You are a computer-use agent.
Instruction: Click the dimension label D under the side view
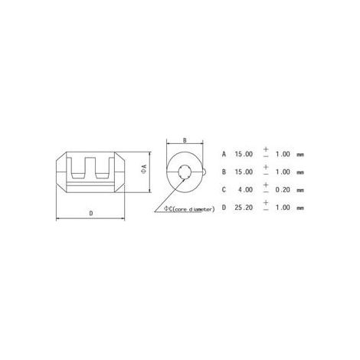pyautogui.click(x=91, y=213)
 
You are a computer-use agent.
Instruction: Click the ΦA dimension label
pyautogui.click(x=144, y=170)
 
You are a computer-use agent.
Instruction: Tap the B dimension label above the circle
pyautogui.click(x=185, y=140)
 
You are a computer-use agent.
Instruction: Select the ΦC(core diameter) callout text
pyautogui.click(x=189, y=209)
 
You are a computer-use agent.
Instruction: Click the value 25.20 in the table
pyautogui.click(x=244, y=208)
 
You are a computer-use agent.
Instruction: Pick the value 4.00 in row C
pyautogui.click(x=246, y=190)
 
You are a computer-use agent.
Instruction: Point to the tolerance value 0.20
pyautogui.click(x=283, y=190)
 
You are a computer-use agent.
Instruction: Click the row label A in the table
pyautogui.click(x=224, y=154)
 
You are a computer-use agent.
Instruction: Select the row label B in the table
pyautogui.click(x=224, y=172)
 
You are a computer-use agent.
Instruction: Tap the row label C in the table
pyautogui.click(x=224, y=190)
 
